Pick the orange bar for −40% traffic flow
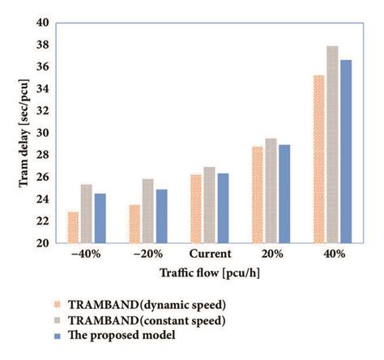click(74, 227)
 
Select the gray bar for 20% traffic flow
click(271, 191)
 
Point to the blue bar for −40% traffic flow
click(100, 218)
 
